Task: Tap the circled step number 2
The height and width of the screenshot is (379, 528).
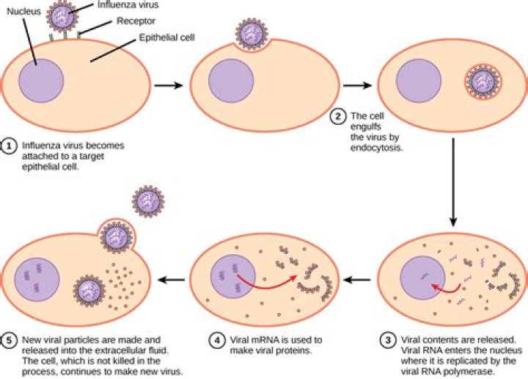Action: pyautogui.click(x=337, y=115)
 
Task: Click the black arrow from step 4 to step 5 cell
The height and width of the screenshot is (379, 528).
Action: pyautogui.click(x=173, y=279)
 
